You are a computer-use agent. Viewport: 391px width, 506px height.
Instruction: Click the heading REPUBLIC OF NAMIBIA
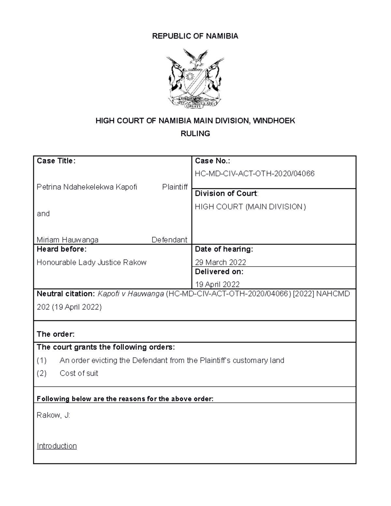[195, 36]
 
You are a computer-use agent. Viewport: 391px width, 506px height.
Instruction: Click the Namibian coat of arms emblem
[195, 79]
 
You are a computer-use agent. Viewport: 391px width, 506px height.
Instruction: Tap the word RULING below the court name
[195, 134]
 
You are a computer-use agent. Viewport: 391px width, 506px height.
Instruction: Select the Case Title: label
[56, 161]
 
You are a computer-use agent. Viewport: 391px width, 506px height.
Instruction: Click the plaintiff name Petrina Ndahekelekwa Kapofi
[87, 187]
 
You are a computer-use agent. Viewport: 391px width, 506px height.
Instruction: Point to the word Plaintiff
[175, 187]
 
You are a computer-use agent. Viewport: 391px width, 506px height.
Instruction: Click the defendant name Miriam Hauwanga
[67, 240]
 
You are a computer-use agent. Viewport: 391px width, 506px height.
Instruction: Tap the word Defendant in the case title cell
[169, 240]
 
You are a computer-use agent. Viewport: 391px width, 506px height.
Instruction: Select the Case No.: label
[212, 161]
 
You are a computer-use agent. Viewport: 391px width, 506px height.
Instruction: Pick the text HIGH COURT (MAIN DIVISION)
[250, 207]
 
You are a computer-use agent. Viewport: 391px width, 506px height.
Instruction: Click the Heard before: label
[62, 249]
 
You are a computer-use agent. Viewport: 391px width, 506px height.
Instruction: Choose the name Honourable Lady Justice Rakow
[92, 263]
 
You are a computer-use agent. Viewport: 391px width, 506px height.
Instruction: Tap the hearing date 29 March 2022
[220, 263]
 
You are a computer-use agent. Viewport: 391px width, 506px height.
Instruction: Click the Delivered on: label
[219, 272]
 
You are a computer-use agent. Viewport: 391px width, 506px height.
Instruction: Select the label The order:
[56, 334]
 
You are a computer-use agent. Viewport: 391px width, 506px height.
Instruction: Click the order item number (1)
[42, 360]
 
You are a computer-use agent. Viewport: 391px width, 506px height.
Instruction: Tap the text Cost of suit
[79, 373]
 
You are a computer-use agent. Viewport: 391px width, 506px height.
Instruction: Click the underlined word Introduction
[57, 446]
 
